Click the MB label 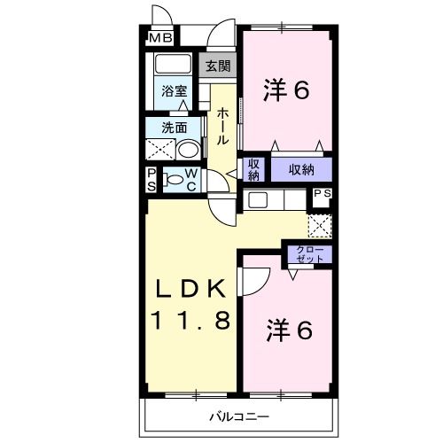coord(159,38)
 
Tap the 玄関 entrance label coord(218,66)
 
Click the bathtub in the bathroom coord(172,65)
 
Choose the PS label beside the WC coord(152,178)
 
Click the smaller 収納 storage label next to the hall coord(253,168)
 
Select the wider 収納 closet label coord(300,168)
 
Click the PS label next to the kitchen coord(322,194)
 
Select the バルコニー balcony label coord(239,416)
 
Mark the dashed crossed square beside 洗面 coord(159,147)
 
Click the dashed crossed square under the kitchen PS coord(320,224)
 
